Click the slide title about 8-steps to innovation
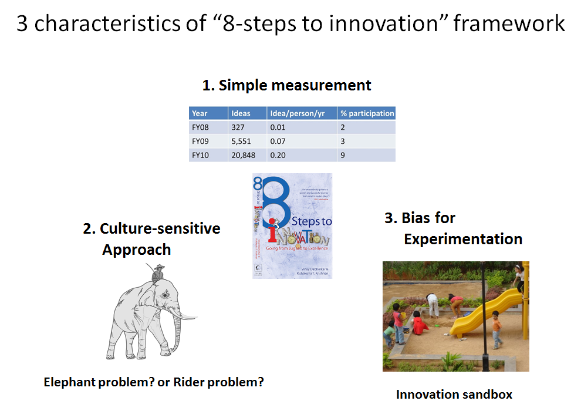coord(290,24)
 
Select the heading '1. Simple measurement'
coord(286,85)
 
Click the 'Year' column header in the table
coord(200,113)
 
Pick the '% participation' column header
coord(367,113)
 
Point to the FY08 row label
coord(200,127)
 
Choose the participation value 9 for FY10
coord(343,155)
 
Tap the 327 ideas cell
coord(238,127)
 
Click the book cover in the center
coord(292,225)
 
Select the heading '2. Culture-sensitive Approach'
coord(151,238)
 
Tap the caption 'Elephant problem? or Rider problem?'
coord(154,382)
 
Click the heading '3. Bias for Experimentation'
coord(453,228)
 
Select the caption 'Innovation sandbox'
coord(454,394)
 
